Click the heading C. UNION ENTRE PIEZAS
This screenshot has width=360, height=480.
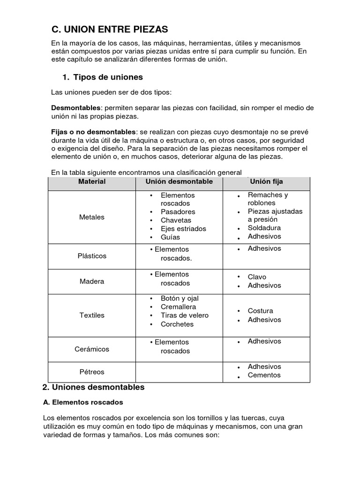(x=109, y=30)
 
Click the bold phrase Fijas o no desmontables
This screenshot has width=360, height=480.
(x=93, y=132)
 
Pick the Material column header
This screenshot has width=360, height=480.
(x=92, y=181)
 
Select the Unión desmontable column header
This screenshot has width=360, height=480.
(x=179, y=181)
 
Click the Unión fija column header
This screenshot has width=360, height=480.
(x=267, y=181)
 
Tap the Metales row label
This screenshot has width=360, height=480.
(x=92, y=217)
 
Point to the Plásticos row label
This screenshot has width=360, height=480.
(x=92, y=256)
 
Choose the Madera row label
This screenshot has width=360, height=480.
(x=92, y=281)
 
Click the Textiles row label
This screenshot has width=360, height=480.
(x=92, y=315)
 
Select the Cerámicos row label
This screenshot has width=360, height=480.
(x=92, y=349)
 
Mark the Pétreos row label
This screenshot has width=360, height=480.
(x=92, y=372)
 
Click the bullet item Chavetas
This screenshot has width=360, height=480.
(x=176, y=220)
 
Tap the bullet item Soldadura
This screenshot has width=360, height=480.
(x=264, y=228)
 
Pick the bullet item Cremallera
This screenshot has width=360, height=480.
(x=178, y=307)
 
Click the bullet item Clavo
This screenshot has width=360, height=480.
(x=257, y=277)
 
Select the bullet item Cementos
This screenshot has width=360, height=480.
(x=264, y=375)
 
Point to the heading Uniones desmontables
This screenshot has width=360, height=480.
(x=93, y=387)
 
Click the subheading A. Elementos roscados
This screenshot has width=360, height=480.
(x=82, y=402)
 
